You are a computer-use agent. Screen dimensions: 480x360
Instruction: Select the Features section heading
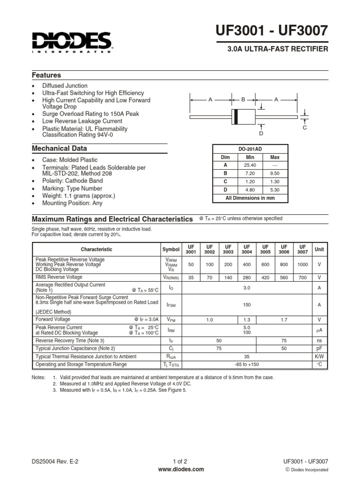click(x=46, y=75)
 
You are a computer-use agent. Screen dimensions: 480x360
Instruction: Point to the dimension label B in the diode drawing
click(x=243, y=99)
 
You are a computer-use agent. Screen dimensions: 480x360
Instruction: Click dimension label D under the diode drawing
click(x=261, y=134)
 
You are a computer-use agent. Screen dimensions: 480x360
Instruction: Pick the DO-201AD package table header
click(x=250, y=149)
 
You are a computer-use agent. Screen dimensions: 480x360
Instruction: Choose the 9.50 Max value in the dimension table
click(x=275, y=173)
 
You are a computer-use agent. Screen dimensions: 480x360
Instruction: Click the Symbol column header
click(x=171, y=250)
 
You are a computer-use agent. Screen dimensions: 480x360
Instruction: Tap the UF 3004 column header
click(x=246, y=249)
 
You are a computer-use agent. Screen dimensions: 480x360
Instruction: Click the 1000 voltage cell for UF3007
click(x=302, y=265)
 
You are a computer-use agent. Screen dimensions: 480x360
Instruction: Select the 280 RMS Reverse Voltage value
click(x=246, y=277)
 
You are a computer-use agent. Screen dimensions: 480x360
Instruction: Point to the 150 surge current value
click(x=246, y=305)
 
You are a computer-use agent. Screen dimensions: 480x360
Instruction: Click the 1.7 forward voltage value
click(x=284, y=320)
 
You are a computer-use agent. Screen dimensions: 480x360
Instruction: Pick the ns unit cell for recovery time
click(x=319, y=340)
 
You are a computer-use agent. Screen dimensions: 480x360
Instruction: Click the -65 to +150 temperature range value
click(x=246, y=364)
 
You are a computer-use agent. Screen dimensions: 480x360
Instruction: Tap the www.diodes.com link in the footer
click(x=180, y=469)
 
